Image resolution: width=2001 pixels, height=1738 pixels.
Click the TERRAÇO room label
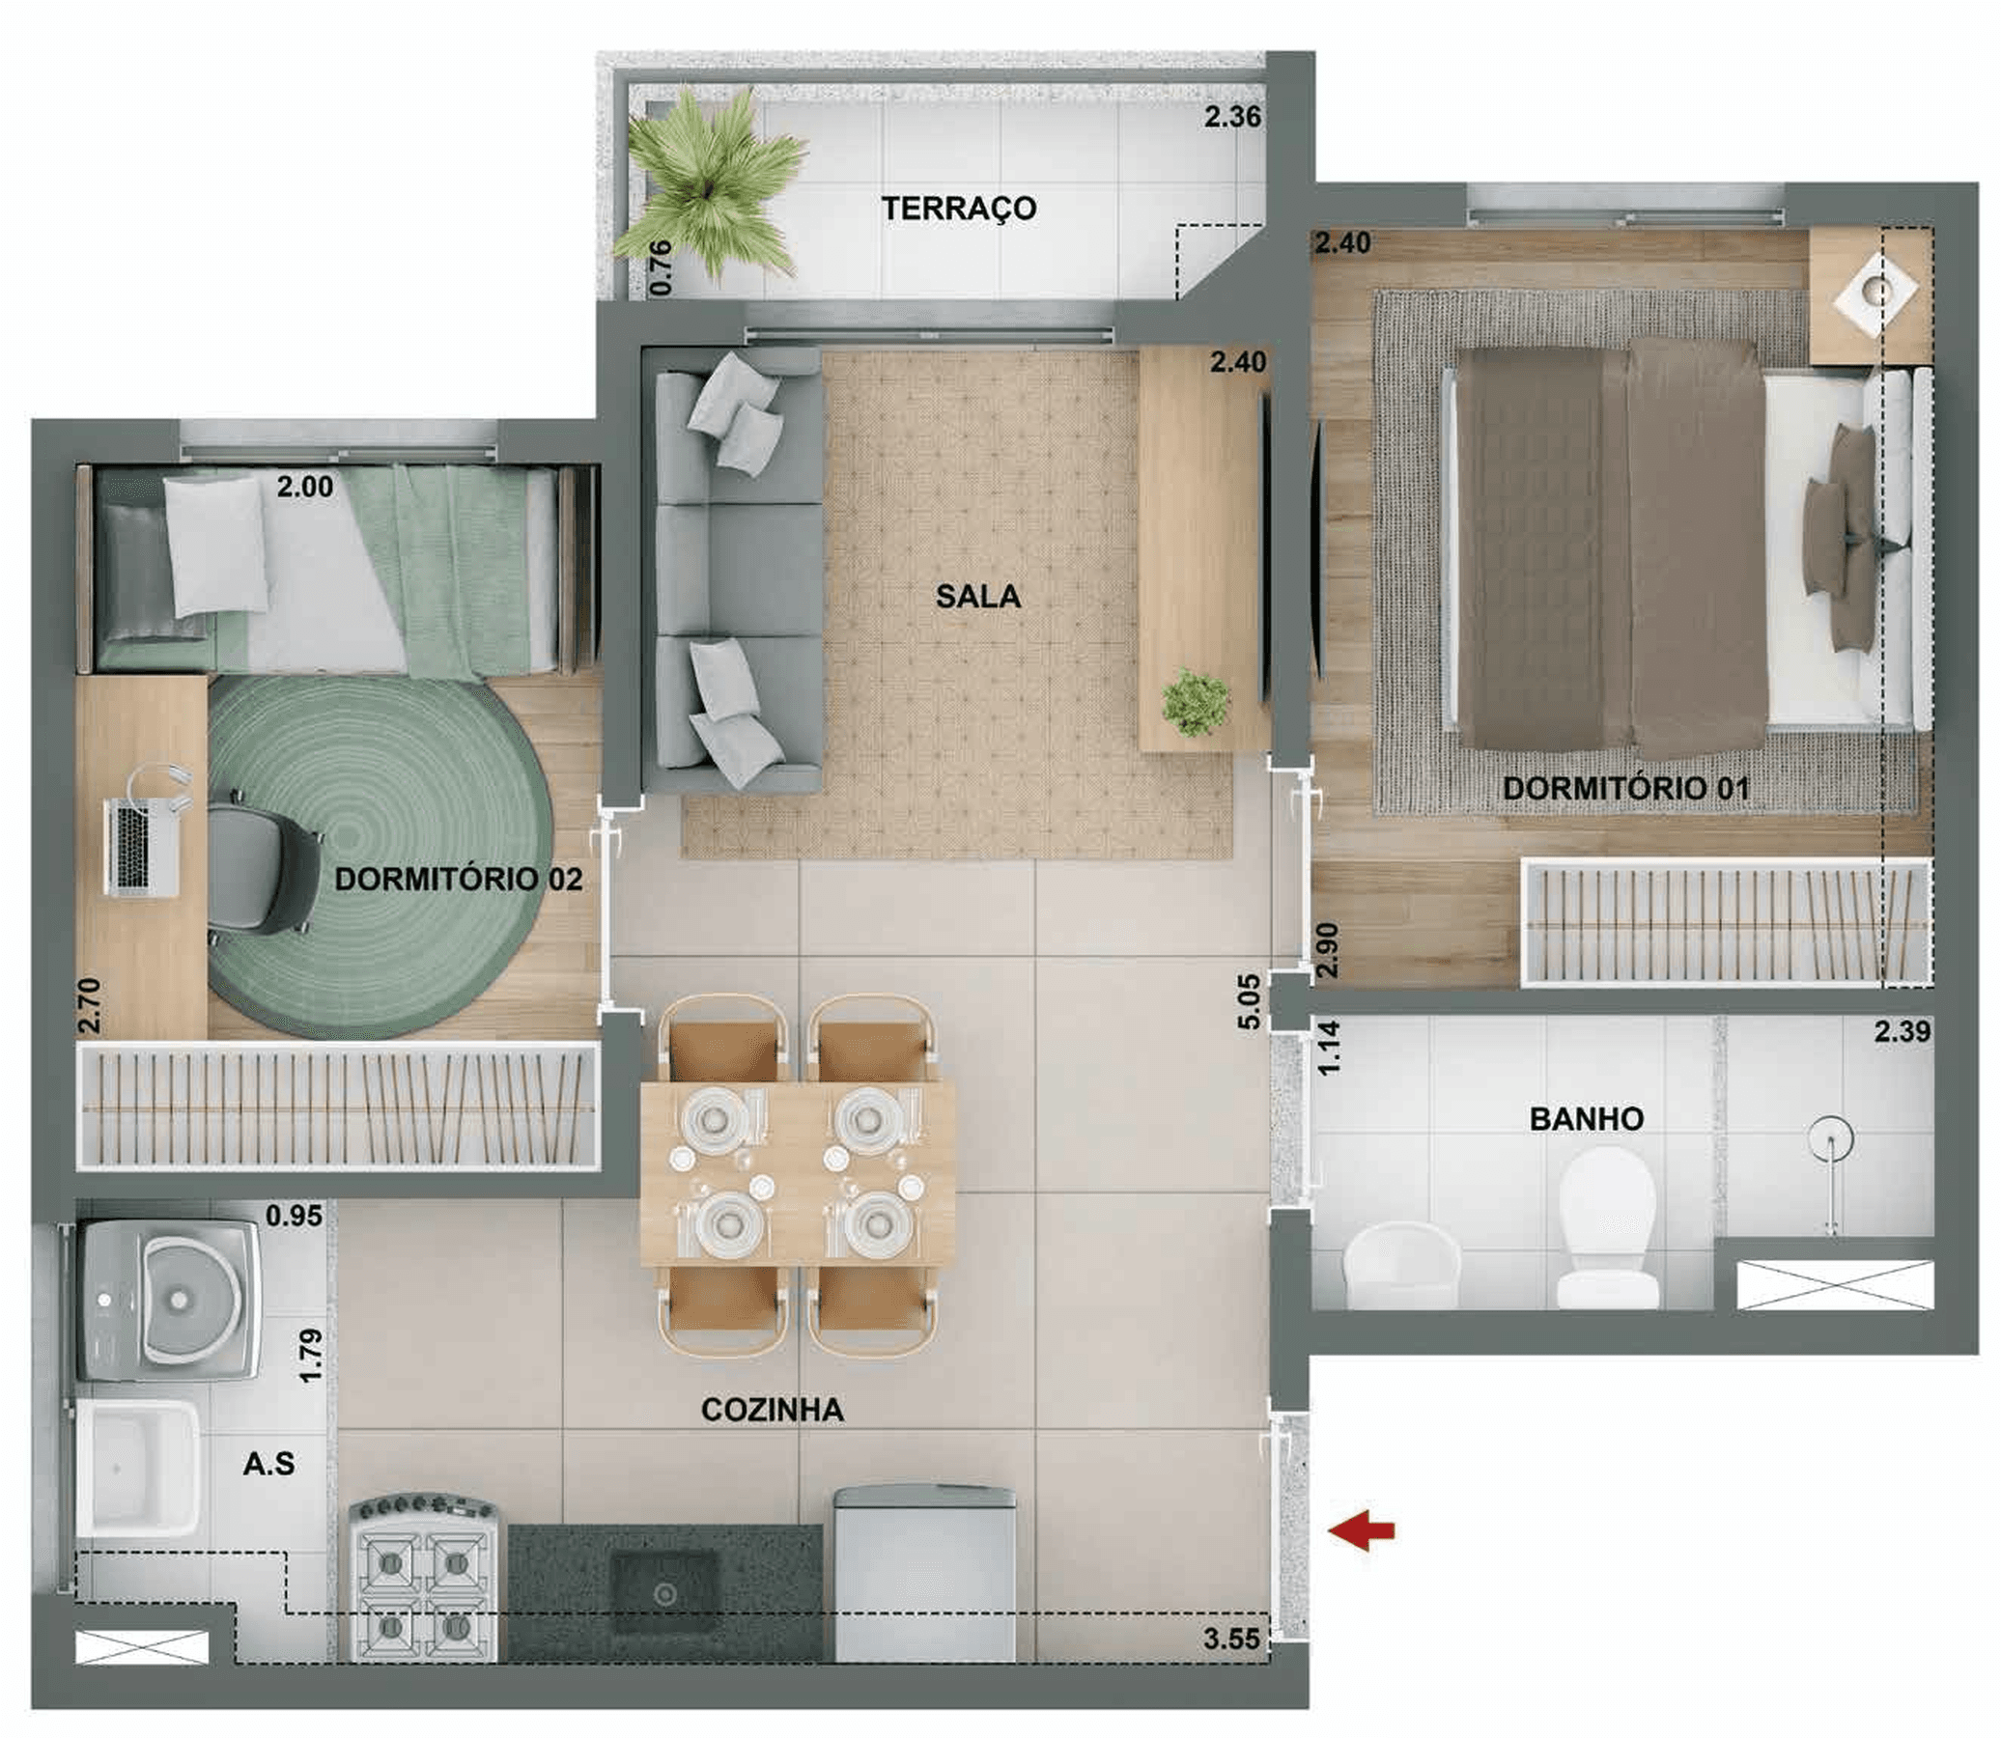(958, 209)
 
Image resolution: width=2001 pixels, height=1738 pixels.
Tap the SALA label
(977, 597)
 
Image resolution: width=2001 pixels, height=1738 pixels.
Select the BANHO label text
(1587, 1119)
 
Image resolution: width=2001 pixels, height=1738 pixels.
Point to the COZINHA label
(772, 1410)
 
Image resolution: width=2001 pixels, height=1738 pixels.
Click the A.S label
(268, 1464)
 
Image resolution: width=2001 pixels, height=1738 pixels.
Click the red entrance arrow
(1362, 1532)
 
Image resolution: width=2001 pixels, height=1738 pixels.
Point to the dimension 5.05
(1250, 1002)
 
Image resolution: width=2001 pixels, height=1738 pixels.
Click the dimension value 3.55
(1232, 1640)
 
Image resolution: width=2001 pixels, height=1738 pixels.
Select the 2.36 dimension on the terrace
(1233, 118)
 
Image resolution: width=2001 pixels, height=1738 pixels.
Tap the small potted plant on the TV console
(1198, 699)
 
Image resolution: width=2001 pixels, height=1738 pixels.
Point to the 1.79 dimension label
(310, 1356)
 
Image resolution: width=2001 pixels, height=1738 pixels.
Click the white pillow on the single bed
(215, 547)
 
